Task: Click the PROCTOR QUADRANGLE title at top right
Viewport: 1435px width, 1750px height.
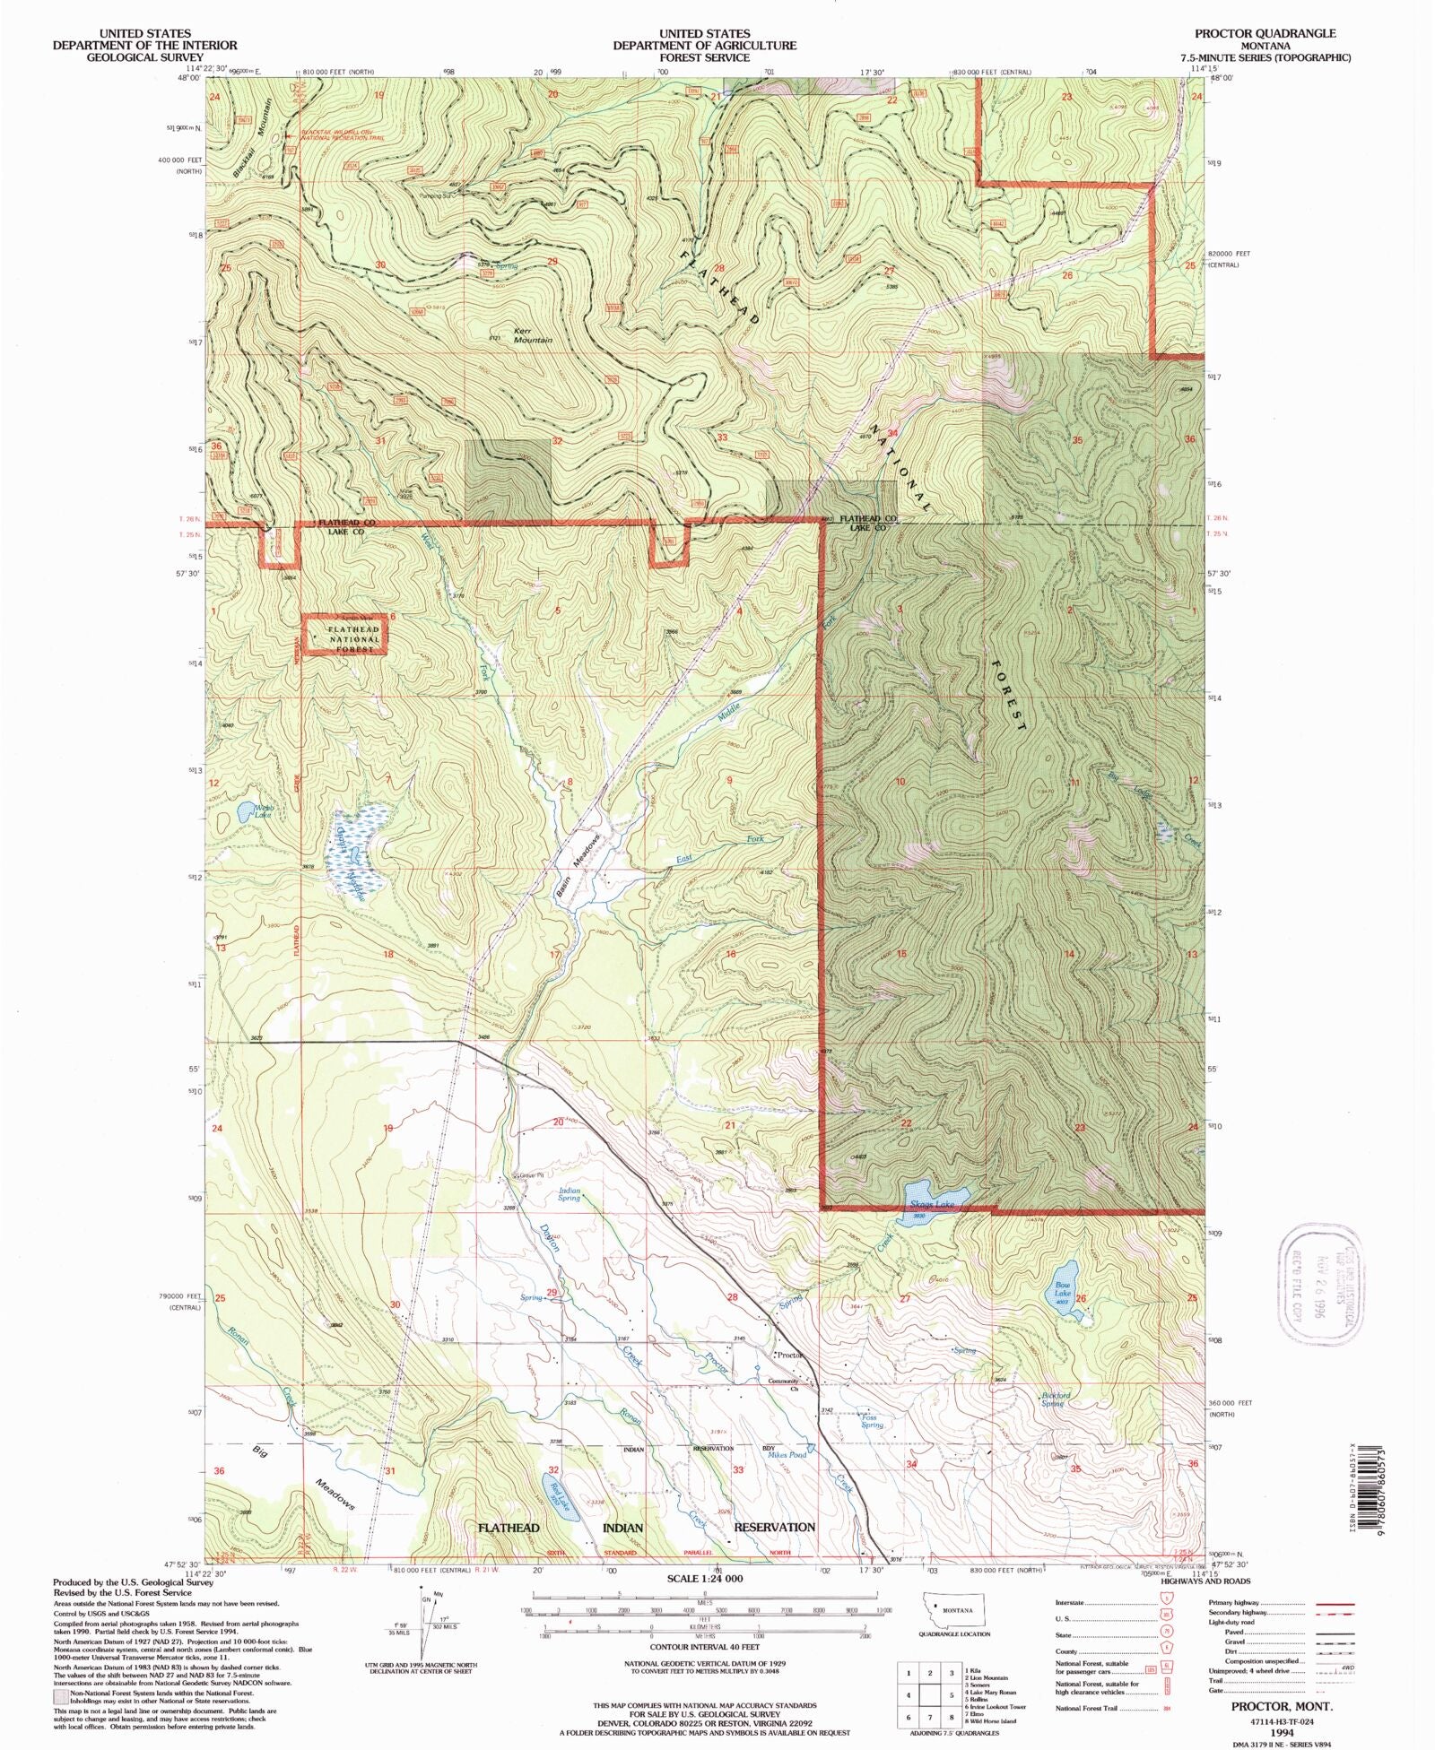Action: pos(1265,33)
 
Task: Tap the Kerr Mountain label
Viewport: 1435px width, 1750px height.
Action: pos(532,335)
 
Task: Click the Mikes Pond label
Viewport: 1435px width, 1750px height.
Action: pos(787,1454)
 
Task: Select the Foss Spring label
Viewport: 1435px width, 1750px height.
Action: pos(872,1422)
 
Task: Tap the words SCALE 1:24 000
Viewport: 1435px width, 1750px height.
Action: pos(703,1578)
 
